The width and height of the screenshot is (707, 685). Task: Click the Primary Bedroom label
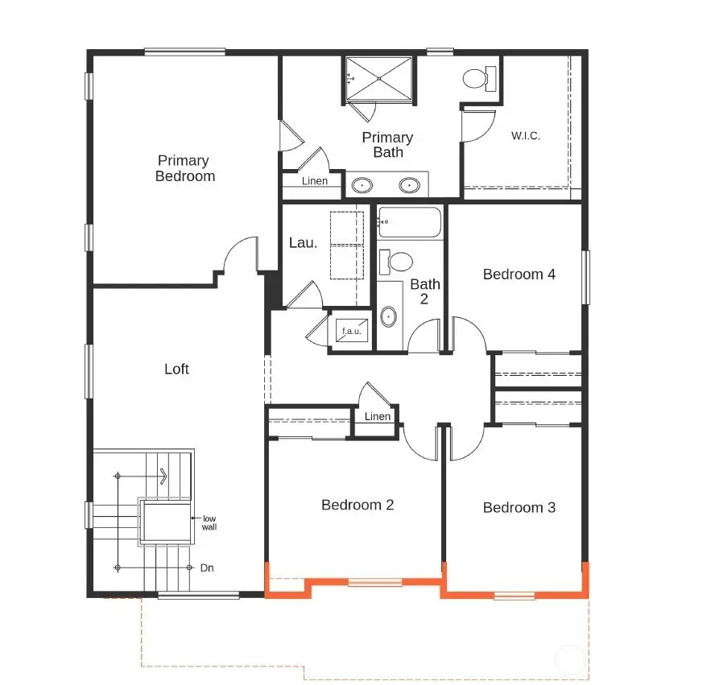coord(185,168)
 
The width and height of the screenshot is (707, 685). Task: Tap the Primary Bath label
coord(387,144)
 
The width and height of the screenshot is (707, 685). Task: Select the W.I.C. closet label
coord(525,135)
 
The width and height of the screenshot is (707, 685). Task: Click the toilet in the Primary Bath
coord(477,79)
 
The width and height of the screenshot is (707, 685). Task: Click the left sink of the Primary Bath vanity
coord(362,186)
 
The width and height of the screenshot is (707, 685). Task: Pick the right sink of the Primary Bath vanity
coord(411,186)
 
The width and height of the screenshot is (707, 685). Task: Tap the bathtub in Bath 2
coord(410,221)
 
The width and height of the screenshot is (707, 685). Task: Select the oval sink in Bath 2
coord(389,316)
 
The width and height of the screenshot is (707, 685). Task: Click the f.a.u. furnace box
coord(351,330)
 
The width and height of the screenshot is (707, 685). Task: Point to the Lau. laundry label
coord(303,242)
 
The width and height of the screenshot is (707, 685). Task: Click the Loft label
coord(176,369)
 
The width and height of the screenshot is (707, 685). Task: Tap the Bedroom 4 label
coord(519,274)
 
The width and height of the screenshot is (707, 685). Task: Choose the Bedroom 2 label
coord(357,505)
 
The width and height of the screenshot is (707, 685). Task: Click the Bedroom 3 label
coord(519,507)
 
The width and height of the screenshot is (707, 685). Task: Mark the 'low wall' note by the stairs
coord(209,522)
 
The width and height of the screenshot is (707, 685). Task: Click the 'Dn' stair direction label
coord(207,567)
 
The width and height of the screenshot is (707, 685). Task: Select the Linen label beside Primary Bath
coord(315,181)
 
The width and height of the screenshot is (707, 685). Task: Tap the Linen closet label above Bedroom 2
coord(377,416)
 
